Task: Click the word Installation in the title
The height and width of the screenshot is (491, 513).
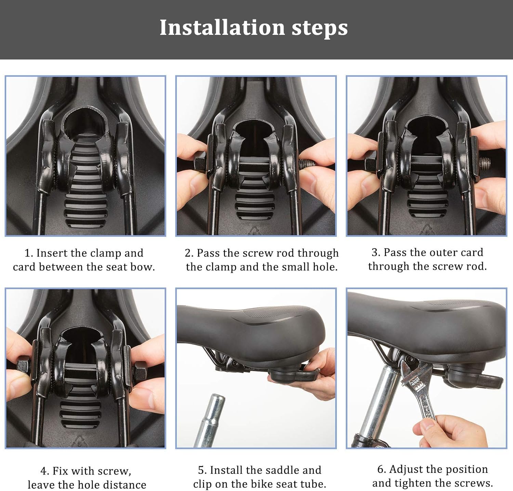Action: click(222, 27)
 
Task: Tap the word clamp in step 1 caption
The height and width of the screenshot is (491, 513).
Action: click(104, 254)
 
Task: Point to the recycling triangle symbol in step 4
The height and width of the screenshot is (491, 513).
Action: click(79, 442)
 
